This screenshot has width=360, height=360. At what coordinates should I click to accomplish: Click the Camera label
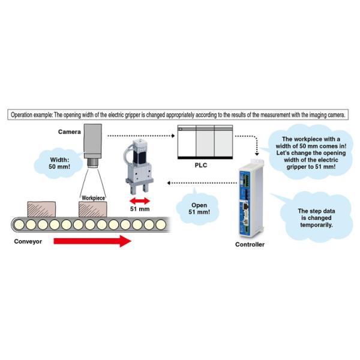70,131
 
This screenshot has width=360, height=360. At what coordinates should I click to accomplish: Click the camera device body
95,139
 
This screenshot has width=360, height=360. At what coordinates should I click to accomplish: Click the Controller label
250,244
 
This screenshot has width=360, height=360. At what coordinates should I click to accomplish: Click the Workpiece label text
93,196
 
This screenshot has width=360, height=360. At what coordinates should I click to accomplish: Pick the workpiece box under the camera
93,209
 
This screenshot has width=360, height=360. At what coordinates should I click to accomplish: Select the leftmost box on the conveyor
37,209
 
